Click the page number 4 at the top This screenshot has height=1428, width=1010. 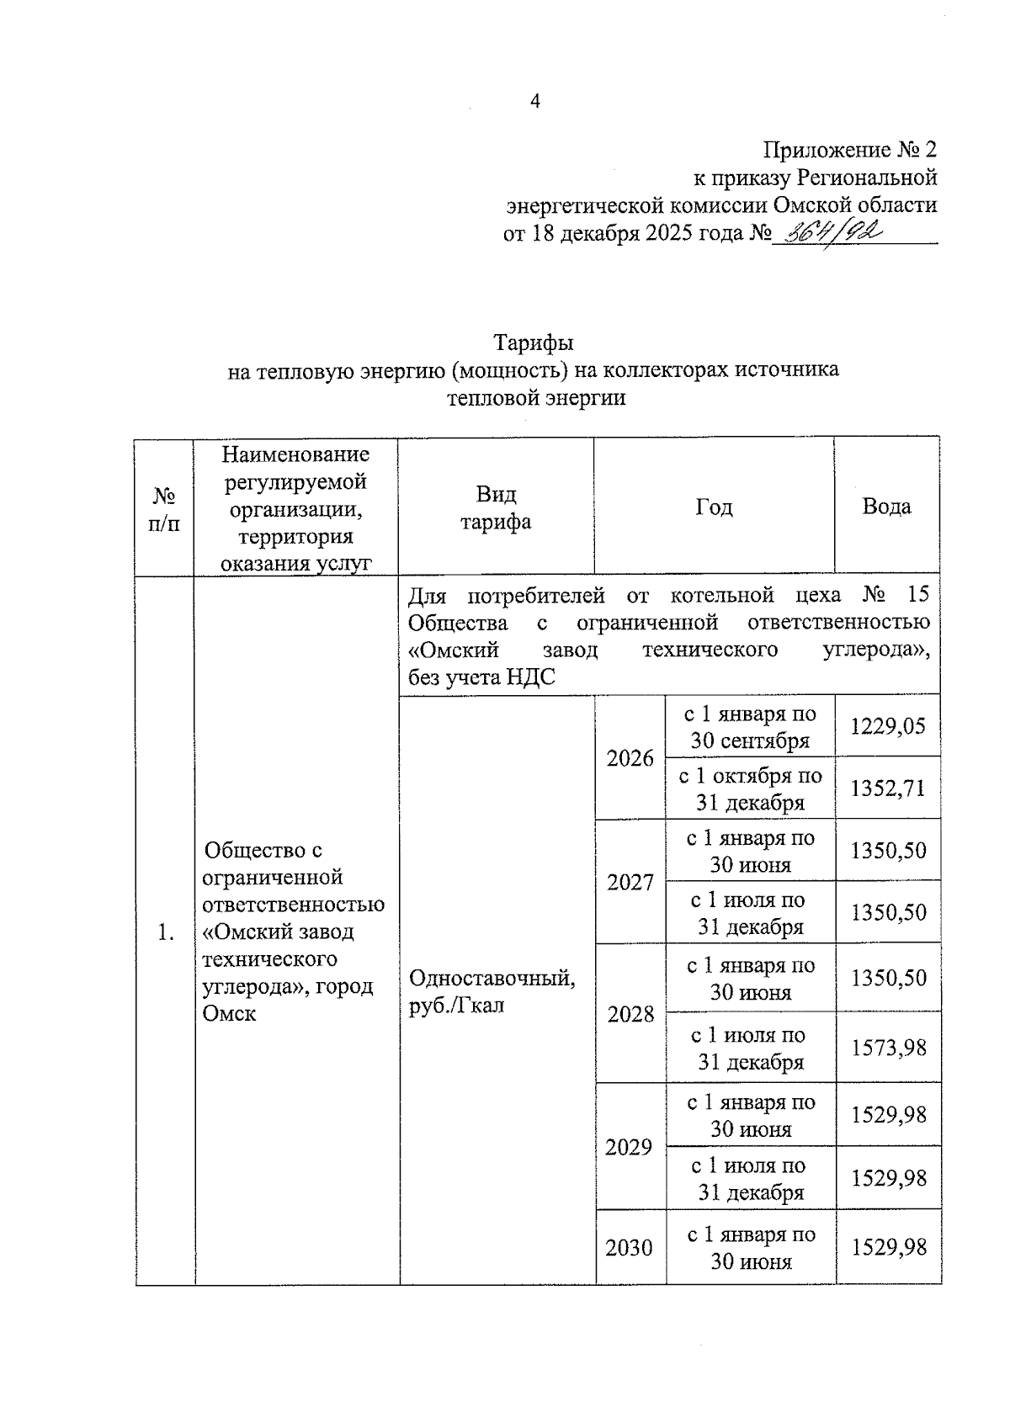(535, 102)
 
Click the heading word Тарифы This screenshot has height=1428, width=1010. (533, 342)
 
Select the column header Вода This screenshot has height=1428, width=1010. (886, 507)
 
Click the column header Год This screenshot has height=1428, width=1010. (714, 507)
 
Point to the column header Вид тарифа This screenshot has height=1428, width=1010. (495, 507)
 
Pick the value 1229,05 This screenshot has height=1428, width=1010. (887, 725)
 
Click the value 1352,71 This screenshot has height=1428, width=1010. (887, 788)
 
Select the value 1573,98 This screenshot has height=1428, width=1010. (888, 1048)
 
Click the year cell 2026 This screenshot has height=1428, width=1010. (630, 758)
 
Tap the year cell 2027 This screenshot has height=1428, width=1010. (630, 882)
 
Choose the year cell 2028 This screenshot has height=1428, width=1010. (630, 1014)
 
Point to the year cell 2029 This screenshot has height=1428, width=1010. (629, 1147)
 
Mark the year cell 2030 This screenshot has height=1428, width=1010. (629, 1248)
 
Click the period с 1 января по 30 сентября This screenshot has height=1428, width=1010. (749, 727)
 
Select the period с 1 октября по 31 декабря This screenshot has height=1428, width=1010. (750, 788)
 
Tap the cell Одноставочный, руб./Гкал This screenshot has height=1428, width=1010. (492, 991)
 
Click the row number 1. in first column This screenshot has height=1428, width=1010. (166, 932)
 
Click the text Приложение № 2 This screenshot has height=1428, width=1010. (849, 150)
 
